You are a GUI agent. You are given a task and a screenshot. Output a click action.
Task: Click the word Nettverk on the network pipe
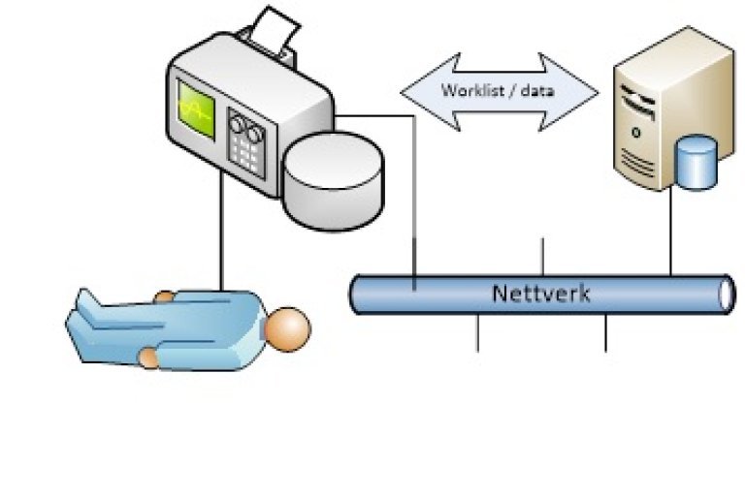click(x=540, y=293)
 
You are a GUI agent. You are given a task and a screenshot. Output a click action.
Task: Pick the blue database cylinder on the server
click(x=695, y=163)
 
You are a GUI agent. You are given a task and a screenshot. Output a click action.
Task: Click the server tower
click(x=660, y=107)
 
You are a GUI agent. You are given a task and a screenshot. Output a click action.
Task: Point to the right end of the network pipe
click(x=725, y=294)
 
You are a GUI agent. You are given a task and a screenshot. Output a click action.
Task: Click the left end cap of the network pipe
click(x=355, y=294)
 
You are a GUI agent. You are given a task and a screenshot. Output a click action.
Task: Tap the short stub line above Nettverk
click(x=542, y=257)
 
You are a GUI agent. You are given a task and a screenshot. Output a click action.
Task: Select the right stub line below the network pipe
click(x=606, y=332)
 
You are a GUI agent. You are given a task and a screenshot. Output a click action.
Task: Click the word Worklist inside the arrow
click(x=465, y=91)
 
